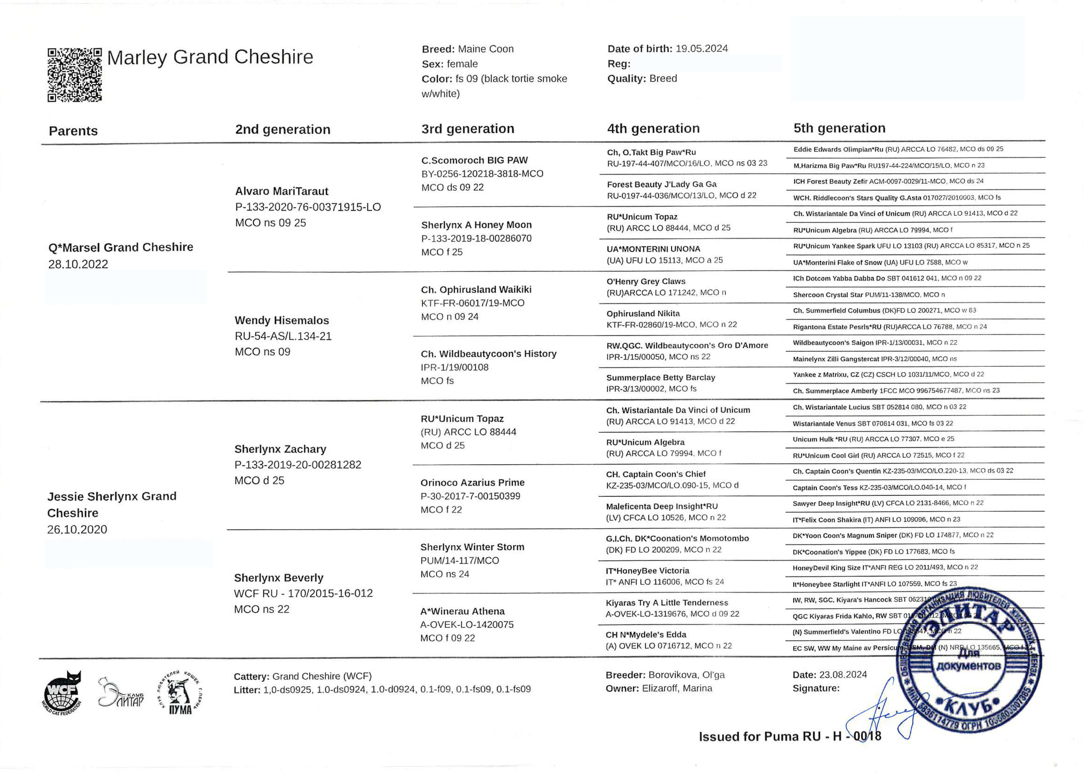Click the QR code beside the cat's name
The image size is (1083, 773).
[x=75, y=75]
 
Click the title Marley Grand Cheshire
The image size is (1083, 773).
[x=210, y=57]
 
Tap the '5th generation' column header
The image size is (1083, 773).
[x=839, y=128]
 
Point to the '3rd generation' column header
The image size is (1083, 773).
[x=467, y=129]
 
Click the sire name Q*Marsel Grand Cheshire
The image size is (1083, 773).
[x=120, y=247]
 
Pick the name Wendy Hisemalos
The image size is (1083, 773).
[x=282, y=320]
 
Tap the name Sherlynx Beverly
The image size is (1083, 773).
[x=278, y=578]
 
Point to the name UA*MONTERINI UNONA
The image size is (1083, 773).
[x=653, y=249]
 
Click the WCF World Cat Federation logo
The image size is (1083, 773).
[x=62, y=694]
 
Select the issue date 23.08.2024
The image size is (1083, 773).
[x=843, y=675]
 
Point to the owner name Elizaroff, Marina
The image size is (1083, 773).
[x=677, y=688]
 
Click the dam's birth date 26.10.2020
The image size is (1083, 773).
[x=77, y=529]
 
